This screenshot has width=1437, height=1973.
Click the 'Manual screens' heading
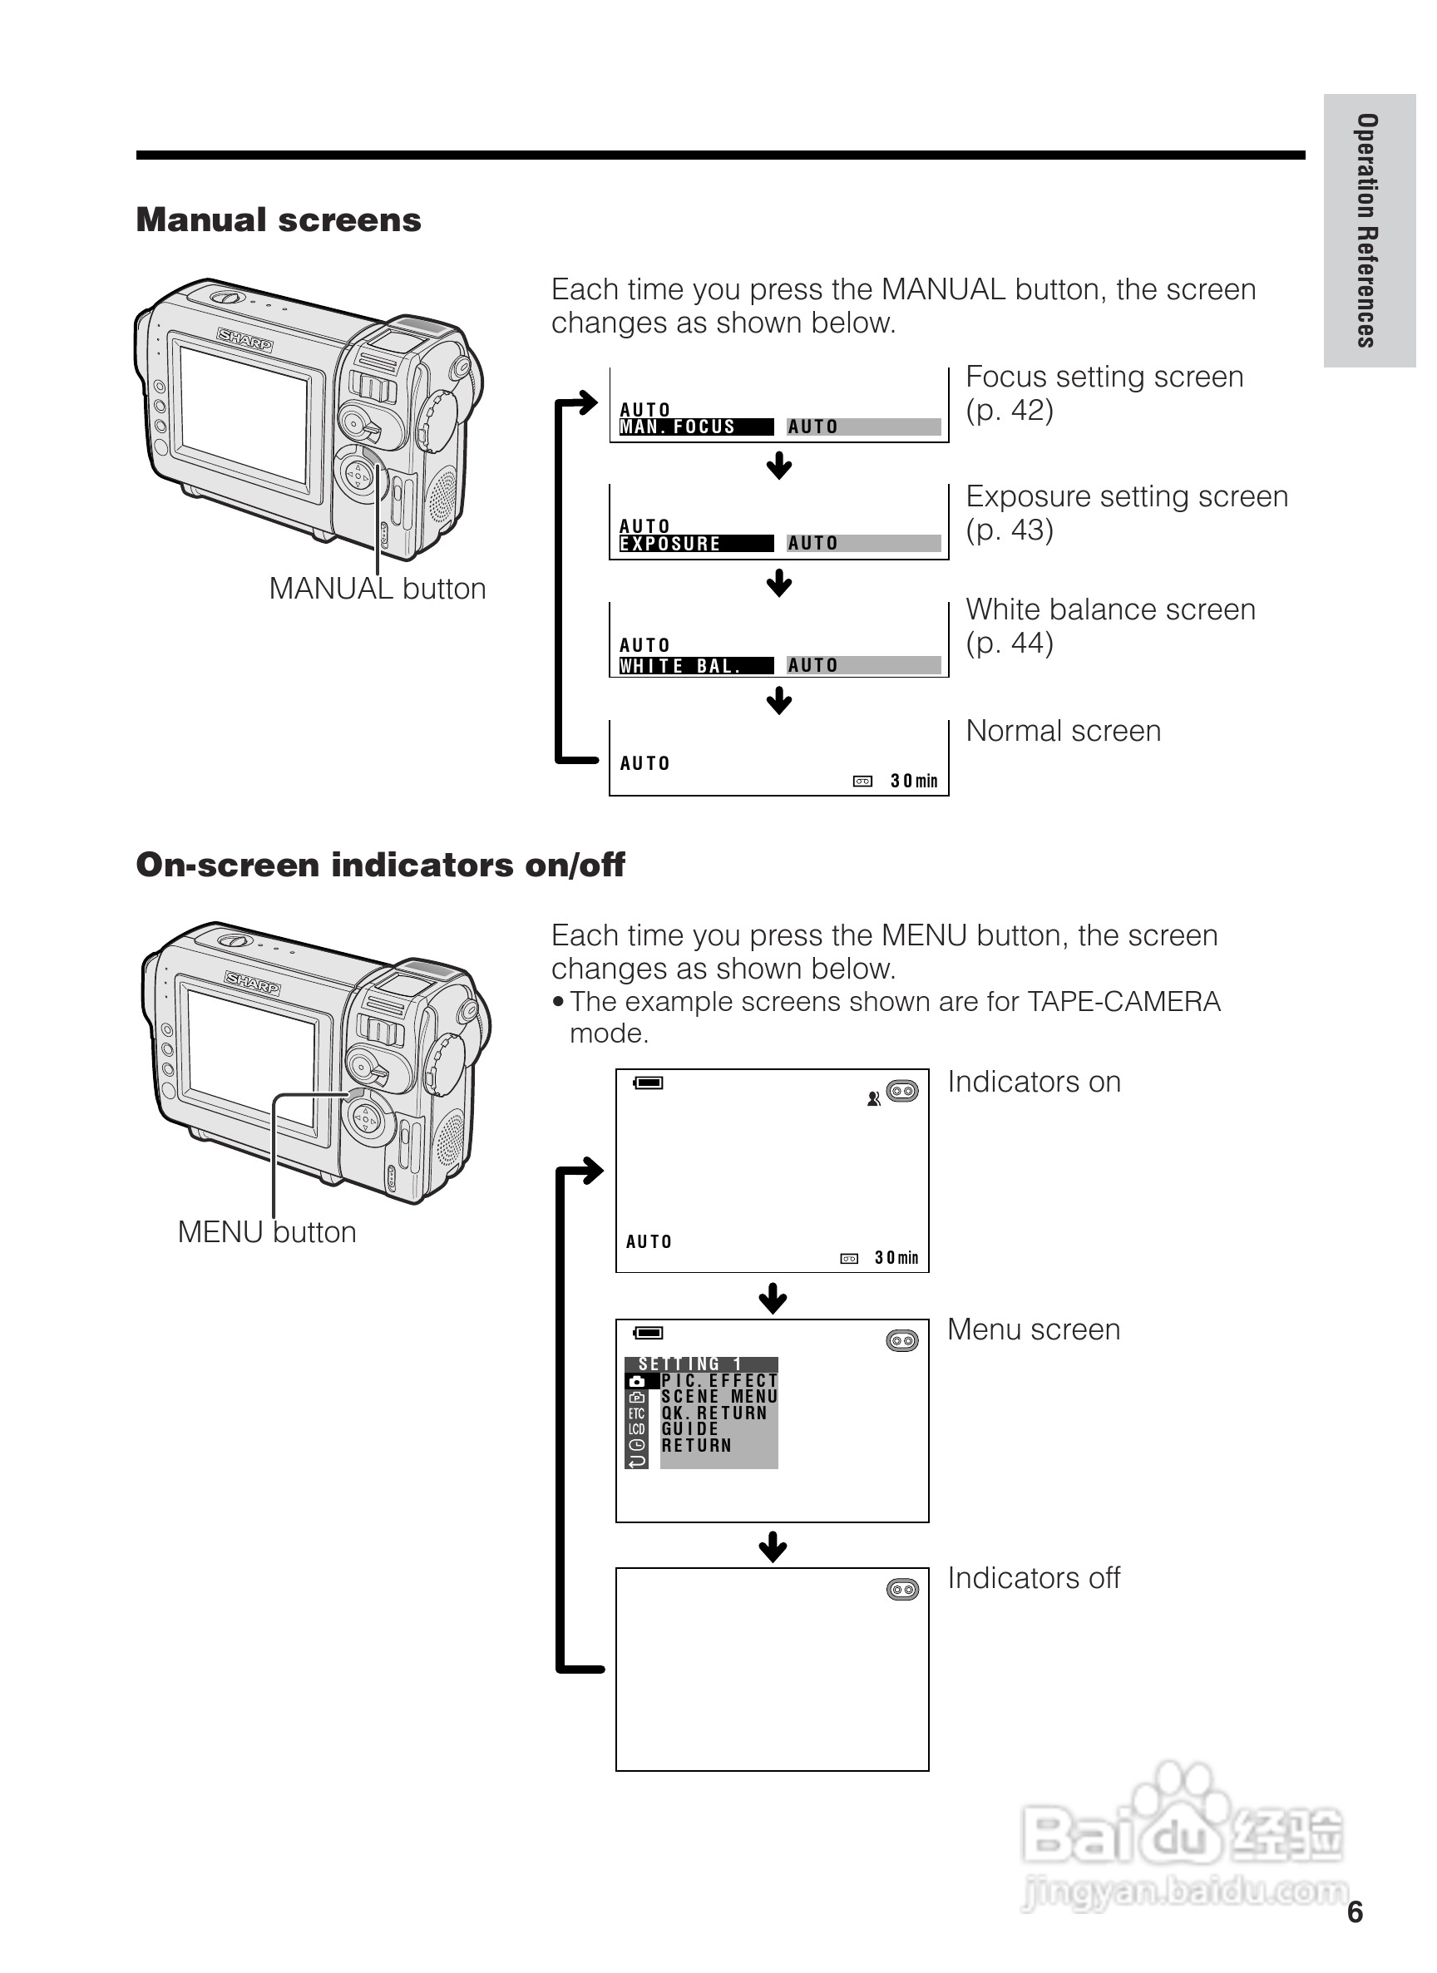(x=279, y=220)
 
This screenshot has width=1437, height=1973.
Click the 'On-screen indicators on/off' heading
(x=380, y=865)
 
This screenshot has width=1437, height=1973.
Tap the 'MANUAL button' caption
(x=377, y=589)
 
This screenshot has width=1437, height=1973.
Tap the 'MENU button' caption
(x=266, y=1233)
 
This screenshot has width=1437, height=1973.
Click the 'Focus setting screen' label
(x=1104, y=377)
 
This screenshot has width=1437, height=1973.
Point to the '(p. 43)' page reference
(x=1009, y=530)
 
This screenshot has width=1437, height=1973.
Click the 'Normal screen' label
(x=1063, y=731)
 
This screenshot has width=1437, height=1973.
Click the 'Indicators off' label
(x=1034, y=1578)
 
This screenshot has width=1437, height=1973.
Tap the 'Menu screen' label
(x=1034, y=1330)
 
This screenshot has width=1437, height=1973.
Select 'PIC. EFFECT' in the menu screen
(x=718, y=1380)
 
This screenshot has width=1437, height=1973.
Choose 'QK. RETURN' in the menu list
(x=714, y=1413)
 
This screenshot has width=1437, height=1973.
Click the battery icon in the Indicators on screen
(x=649, y=1083)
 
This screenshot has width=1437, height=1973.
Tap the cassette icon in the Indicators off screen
(x=902, y=1590)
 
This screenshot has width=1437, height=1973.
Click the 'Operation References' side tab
(x=1366, y=230)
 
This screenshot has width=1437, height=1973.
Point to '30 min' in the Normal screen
(x=913, y=782)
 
